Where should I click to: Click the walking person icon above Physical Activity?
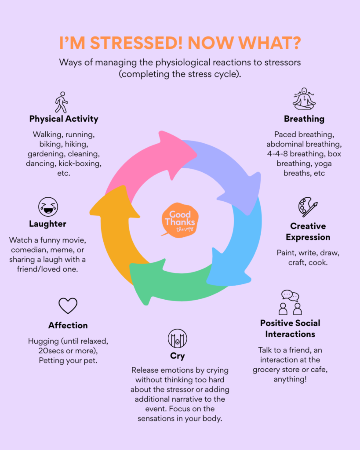coord(62,102)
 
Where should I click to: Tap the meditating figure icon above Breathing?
coord(304,99)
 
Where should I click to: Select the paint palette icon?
coord(307,207)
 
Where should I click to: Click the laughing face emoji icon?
coord(48,207)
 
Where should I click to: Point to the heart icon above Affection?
coord(68,305)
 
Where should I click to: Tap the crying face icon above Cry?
coord(177,338)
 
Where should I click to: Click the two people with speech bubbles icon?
coord(291,302)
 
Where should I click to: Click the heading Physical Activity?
coord(64,119)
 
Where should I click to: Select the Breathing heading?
coord(304,119)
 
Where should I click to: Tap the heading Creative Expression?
coord(308,232)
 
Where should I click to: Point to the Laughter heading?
coord(47,224)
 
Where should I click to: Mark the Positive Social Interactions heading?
coord(290,328)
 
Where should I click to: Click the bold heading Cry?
coord(177,356)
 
